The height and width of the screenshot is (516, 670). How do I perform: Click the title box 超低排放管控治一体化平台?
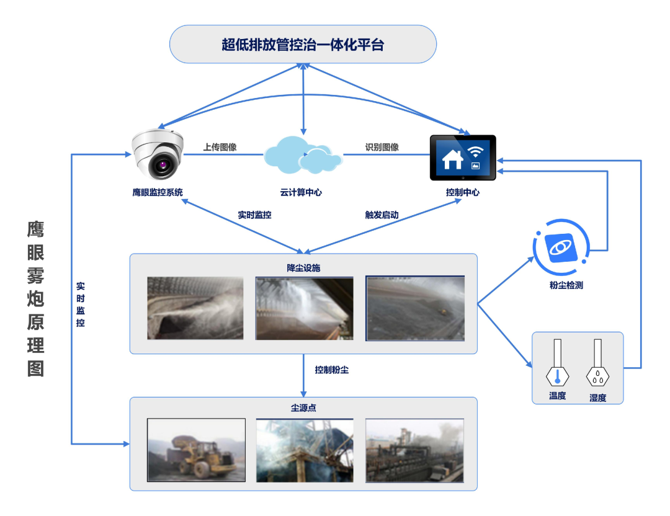point(303,44)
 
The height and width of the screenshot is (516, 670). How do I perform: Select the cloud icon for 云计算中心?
point(303,156)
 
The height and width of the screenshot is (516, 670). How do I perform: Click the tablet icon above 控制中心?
point(463,158)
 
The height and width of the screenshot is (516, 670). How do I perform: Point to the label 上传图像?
point(220,148)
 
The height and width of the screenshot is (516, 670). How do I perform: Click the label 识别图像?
point(382,148)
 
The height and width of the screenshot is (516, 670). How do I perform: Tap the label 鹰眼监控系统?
point(158,192)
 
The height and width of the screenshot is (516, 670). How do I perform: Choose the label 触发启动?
point(382,215)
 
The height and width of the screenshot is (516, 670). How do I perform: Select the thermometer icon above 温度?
point(557,363)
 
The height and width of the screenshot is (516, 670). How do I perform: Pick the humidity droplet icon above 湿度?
point(597,363)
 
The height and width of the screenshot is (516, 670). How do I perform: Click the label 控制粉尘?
point(331,370)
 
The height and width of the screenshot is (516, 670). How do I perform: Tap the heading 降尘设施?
point(303,268)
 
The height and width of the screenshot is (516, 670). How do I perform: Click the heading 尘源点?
point(303,407)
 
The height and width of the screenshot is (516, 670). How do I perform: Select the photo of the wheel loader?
point(196,450)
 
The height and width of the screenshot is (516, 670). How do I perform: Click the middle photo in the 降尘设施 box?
point(304,308)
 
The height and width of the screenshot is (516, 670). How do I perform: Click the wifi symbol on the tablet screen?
point(476,151)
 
